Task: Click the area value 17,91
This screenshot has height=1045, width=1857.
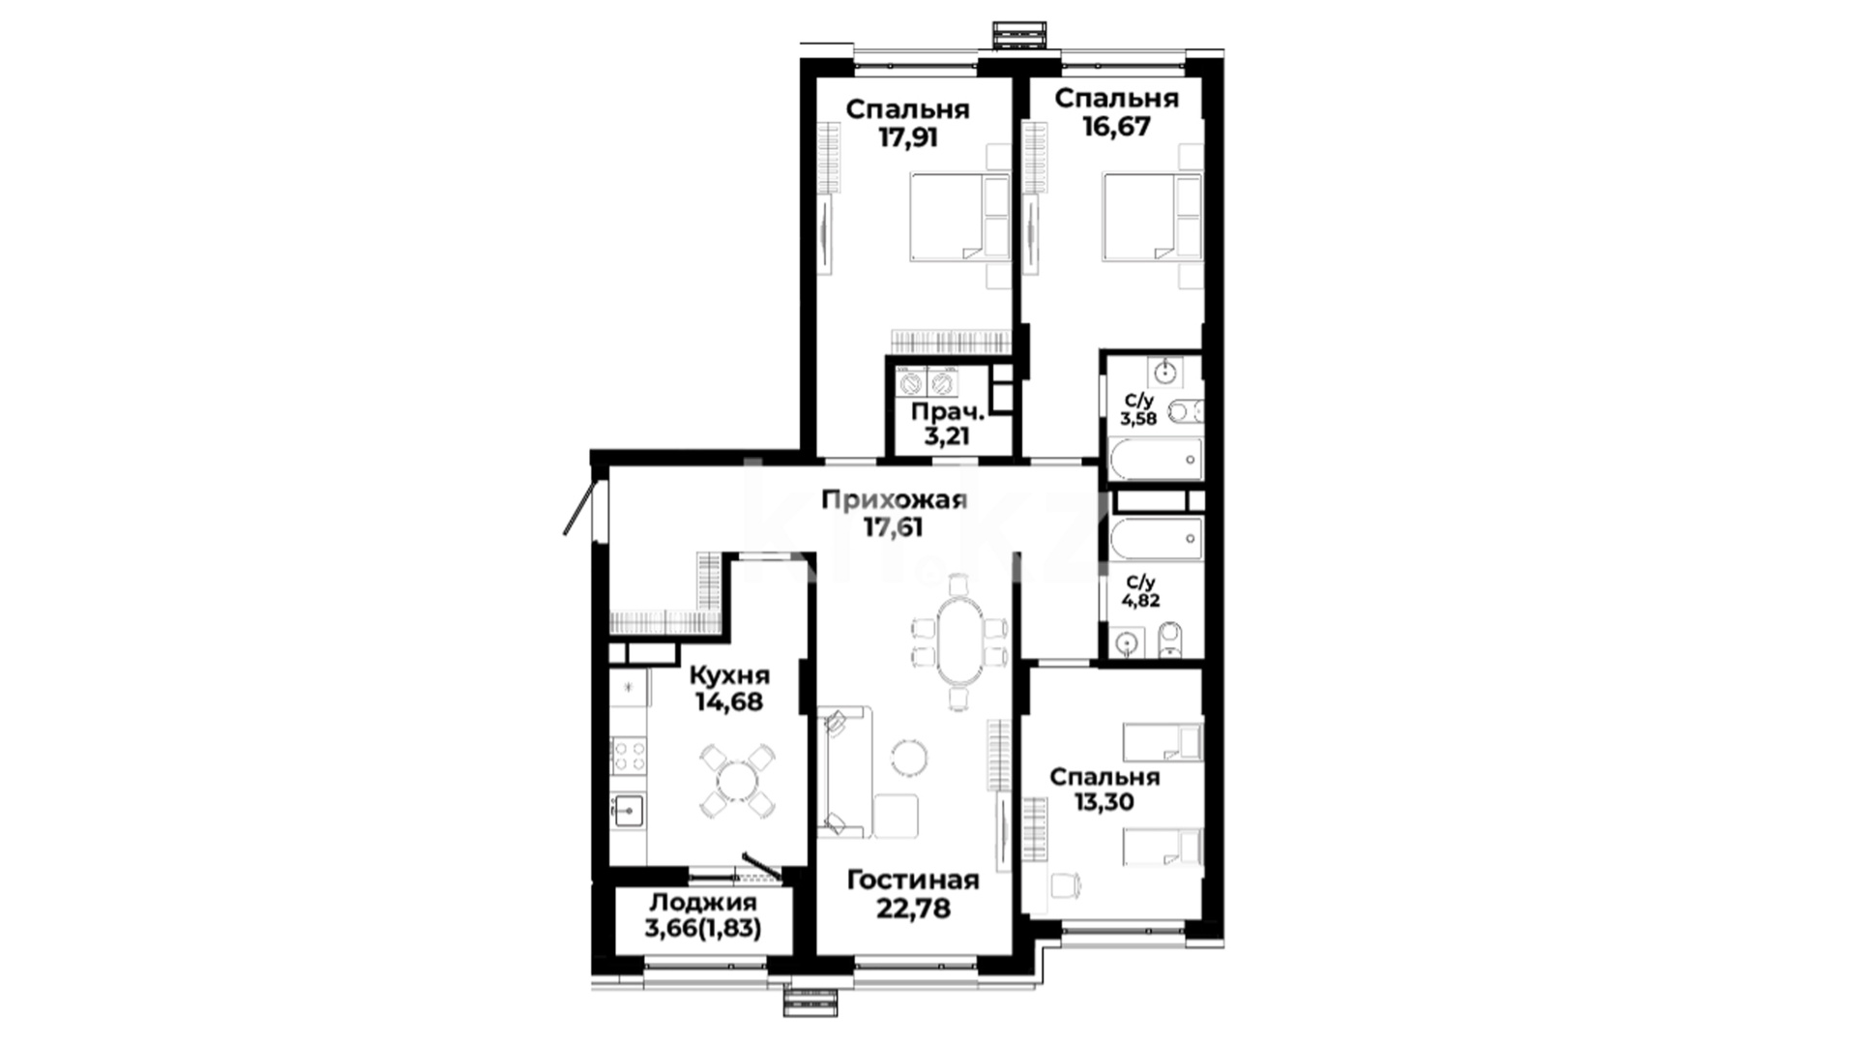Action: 908,136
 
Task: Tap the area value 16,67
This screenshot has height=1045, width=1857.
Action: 1116,126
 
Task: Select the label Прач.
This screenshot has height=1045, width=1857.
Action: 947,411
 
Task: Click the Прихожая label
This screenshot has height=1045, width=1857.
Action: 894,499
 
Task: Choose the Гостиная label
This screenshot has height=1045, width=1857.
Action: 913,881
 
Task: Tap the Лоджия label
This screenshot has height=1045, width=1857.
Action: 703,903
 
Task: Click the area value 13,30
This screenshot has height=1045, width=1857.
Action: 1104,802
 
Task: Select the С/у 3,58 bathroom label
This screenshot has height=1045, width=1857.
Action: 1138,410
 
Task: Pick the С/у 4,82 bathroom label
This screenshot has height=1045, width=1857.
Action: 1140,590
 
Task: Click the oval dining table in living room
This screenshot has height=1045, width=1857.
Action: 960,642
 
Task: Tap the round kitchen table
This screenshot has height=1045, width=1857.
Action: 737,780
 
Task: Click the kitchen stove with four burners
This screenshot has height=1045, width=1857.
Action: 630,756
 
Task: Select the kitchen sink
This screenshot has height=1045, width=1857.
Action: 629,809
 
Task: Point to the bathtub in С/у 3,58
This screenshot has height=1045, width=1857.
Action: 1156,459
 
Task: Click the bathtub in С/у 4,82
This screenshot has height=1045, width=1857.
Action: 1156,540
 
